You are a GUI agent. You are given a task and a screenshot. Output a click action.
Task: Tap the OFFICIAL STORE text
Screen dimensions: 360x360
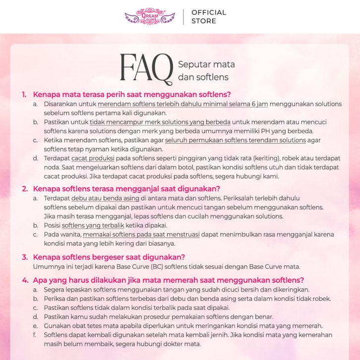208,16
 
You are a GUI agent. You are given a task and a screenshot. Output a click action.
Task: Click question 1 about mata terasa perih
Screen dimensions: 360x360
132,94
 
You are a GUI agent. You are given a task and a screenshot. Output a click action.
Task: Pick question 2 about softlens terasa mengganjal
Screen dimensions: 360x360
126,188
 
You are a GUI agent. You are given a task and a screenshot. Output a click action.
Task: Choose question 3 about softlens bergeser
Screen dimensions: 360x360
109,257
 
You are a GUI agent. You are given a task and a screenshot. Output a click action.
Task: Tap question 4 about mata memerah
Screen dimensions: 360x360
168,280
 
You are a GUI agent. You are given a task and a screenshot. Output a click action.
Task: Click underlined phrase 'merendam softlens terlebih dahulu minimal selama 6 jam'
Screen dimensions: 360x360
183,104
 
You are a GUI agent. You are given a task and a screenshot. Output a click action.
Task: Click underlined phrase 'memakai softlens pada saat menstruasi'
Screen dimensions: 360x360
141,234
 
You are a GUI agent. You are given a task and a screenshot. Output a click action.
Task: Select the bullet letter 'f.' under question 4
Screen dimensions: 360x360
35,335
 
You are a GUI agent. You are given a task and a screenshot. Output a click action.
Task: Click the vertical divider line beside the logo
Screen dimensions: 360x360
183,16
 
